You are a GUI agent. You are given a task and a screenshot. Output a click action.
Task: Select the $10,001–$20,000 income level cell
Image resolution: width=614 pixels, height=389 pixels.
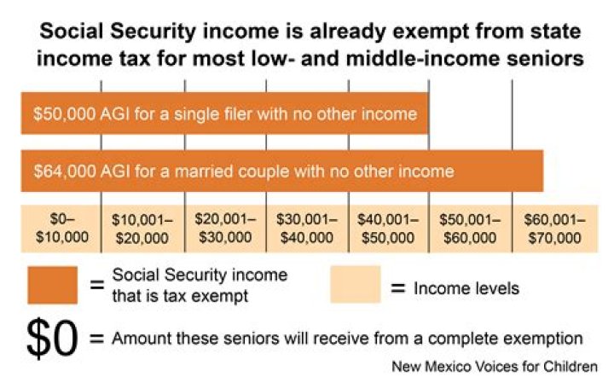point(142,228)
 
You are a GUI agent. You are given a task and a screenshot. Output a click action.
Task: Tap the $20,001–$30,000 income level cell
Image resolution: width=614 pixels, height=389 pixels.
point(224,228)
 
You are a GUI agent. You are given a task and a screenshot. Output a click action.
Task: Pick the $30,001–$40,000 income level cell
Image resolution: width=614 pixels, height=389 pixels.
point(306,228)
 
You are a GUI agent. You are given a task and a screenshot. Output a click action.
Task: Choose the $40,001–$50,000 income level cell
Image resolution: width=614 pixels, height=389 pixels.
point(388,228)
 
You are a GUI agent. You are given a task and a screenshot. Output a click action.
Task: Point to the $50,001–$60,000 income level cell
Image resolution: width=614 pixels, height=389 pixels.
point(470,228)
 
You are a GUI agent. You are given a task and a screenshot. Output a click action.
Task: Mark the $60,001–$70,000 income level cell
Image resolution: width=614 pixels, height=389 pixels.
point(553,228)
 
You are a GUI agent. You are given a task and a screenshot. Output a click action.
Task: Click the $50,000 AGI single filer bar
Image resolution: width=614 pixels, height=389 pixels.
point(224,113)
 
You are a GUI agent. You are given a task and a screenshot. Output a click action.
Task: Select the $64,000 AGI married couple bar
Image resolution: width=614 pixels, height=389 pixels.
point(281,171)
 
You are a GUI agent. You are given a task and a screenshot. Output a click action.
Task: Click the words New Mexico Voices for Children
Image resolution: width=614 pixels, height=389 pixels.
point(495,368)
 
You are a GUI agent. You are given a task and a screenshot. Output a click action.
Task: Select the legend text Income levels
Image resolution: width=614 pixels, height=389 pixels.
point(466,288)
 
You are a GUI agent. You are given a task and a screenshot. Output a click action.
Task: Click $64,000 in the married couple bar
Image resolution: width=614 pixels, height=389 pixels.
point(64,171)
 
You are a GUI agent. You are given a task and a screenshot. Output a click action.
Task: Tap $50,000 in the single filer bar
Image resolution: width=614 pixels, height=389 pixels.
point(64,113)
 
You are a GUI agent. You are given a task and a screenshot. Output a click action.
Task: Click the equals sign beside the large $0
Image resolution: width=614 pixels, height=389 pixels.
point(96,337)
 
